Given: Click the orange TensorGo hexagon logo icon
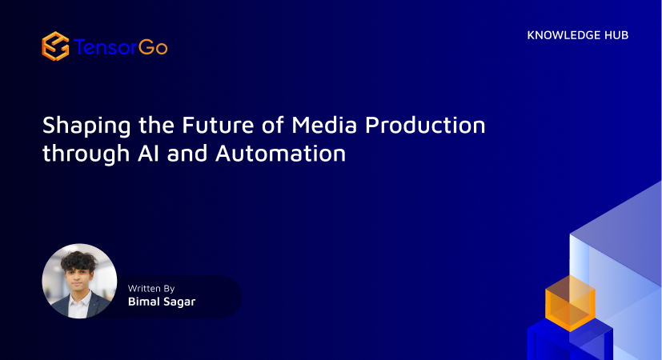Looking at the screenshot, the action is pos(55,46).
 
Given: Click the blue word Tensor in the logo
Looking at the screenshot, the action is pos(106,47).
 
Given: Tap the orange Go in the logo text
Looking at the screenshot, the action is pos(153,47).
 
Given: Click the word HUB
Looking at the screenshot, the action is pos(616,35).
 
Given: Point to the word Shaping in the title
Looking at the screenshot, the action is pos(86,126).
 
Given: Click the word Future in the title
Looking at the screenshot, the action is pos(218,125).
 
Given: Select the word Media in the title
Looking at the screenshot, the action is pos(324,125).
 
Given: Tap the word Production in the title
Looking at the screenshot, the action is pos(425,125).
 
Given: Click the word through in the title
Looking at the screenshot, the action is pos(86,154).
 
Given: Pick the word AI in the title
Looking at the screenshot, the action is pos(149,154).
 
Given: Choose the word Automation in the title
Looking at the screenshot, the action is pos(281,154).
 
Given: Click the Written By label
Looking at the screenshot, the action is pos(151,289).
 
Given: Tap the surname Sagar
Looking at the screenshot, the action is pos(179,302).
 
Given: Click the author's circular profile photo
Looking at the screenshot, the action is pos(79,281).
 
